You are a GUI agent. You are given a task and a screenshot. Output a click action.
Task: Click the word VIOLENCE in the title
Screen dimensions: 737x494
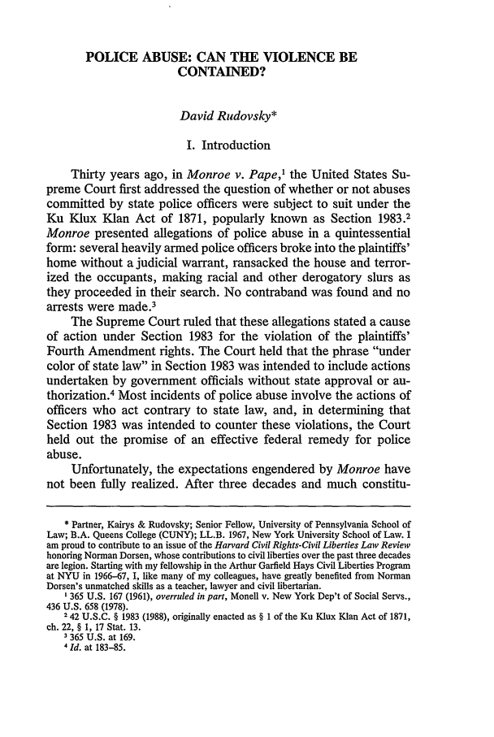point(305,59)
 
